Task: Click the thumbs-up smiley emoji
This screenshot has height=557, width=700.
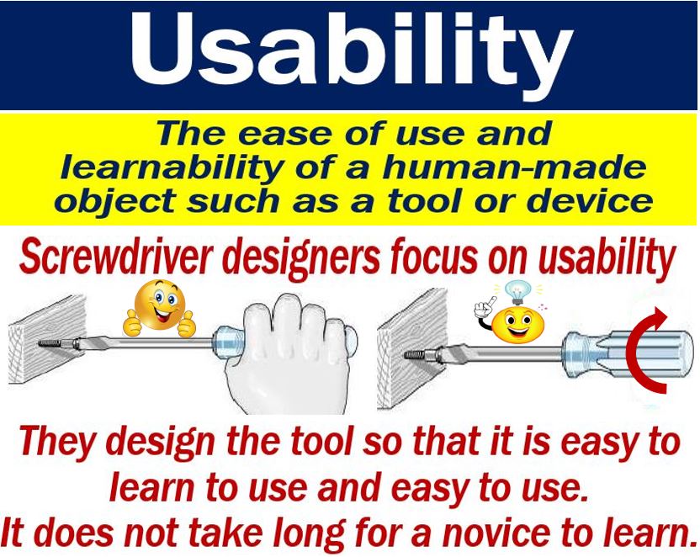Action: click(159, 309)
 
